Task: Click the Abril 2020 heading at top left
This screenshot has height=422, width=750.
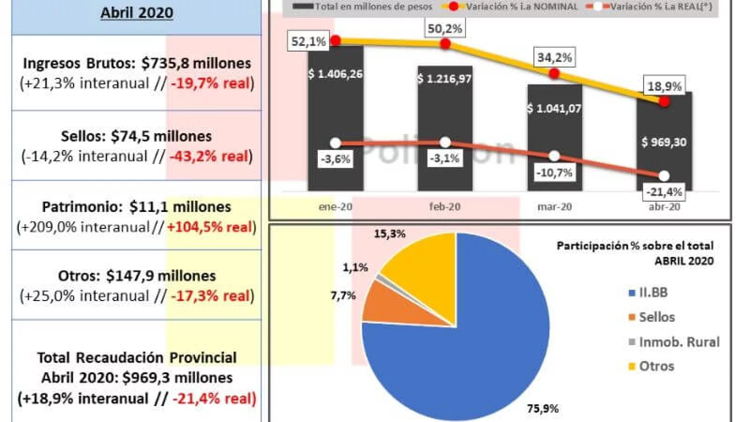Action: click(136, 13)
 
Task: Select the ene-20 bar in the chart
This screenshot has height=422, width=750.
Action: click(335, 117)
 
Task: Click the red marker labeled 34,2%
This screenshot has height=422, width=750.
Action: click(555, 74)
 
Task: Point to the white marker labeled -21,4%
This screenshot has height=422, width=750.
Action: click(664, 176)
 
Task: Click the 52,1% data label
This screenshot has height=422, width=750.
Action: click(308, 42)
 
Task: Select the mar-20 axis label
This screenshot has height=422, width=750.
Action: click(555, 207)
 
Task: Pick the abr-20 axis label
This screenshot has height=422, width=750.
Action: click(664, 207)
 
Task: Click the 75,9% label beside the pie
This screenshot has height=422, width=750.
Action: click(543, 409)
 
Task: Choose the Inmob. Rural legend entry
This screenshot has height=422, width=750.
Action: click(679, 342)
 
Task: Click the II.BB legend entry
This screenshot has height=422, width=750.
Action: click(653, 293)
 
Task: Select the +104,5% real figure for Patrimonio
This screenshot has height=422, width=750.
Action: click(210, 227)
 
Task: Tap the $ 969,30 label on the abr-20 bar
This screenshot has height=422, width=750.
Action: click(664, 142)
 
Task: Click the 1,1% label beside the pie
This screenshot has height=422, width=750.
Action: click(355, 268)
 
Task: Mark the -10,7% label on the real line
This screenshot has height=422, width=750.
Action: click(554, 173)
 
